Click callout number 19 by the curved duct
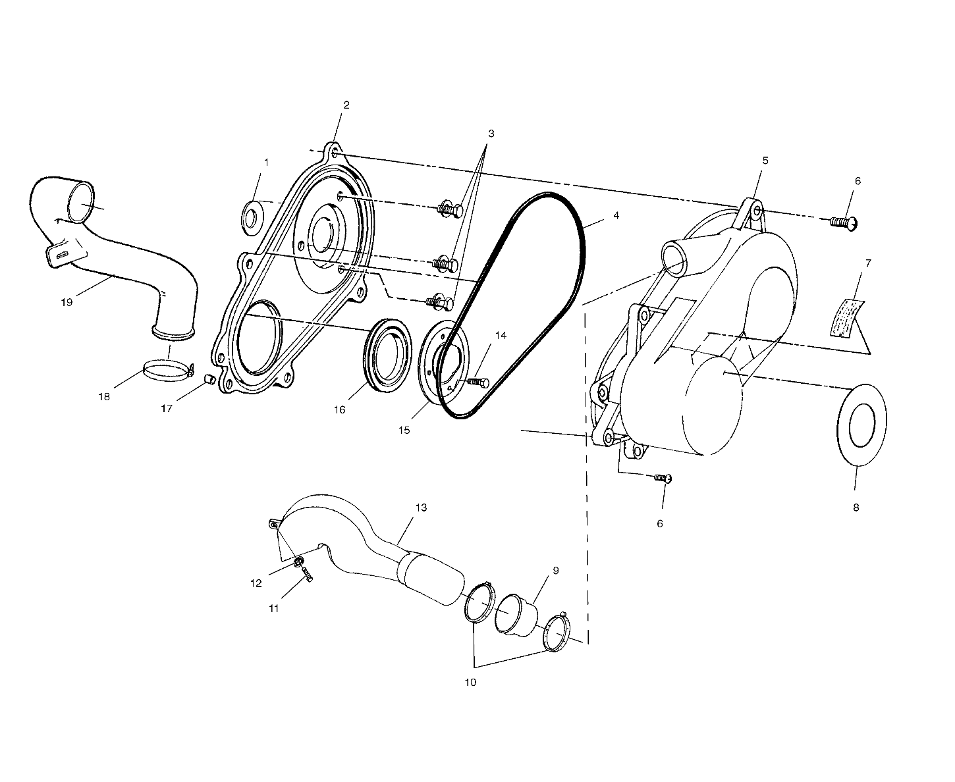coord(67,302)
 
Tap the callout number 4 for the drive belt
coord(615,215)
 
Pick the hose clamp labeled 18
coord(167,370)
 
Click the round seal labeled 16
coord(388,357)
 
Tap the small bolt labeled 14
coord(479,382)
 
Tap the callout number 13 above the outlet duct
coord(421,508)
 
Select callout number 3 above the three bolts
coord(491,133)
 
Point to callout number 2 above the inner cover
coord(346,105)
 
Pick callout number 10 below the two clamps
coord(470,683)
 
